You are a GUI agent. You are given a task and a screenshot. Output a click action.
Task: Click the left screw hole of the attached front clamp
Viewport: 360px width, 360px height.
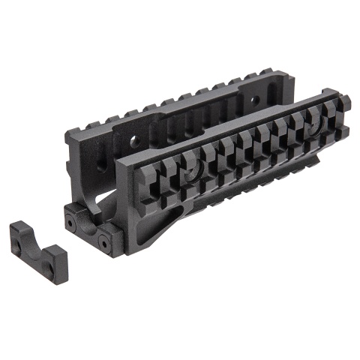click(x=72, y=221)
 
